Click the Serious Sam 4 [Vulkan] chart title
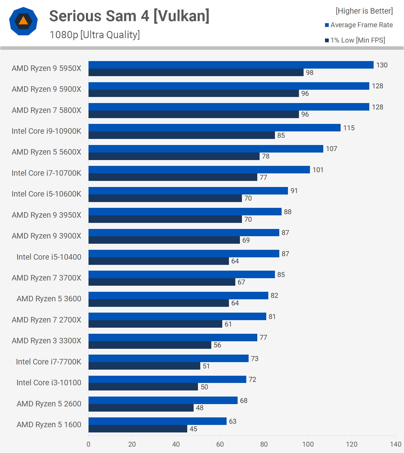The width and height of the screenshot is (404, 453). tap(129, 16)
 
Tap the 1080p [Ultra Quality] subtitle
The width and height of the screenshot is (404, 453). tap(95, 35)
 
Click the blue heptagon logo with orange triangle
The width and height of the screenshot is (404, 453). tap(23, 21)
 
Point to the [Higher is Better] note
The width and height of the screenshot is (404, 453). tap(364, 11)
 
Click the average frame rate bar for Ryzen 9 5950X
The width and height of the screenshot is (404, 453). tap(231, 65)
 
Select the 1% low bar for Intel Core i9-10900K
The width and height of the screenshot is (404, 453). tap(181, 135)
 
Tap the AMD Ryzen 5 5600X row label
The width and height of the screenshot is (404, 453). tap(46, 152)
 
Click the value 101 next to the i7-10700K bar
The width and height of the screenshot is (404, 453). tap(318, 170)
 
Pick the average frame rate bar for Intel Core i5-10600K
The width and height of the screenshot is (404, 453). tap(188, 191)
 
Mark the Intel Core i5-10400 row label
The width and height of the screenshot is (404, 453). tap(49, 257)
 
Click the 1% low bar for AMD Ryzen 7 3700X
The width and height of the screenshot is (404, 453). tap(162, 282)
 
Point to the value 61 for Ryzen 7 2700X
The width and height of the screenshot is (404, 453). tap(228, 324)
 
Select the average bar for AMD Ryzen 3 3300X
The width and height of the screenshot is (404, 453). tap(173, 338)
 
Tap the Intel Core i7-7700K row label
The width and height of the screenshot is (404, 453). tap(48, 362)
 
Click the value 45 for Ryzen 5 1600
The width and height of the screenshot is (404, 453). tap(193, 429)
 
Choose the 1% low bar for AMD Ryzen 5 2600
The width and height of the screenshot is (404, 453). tap(141, 408)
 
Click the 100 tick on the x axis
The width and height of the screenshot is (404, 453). tap(308, 444)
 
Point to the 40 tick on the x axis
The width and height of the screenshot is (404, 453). tap(176, 444)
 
